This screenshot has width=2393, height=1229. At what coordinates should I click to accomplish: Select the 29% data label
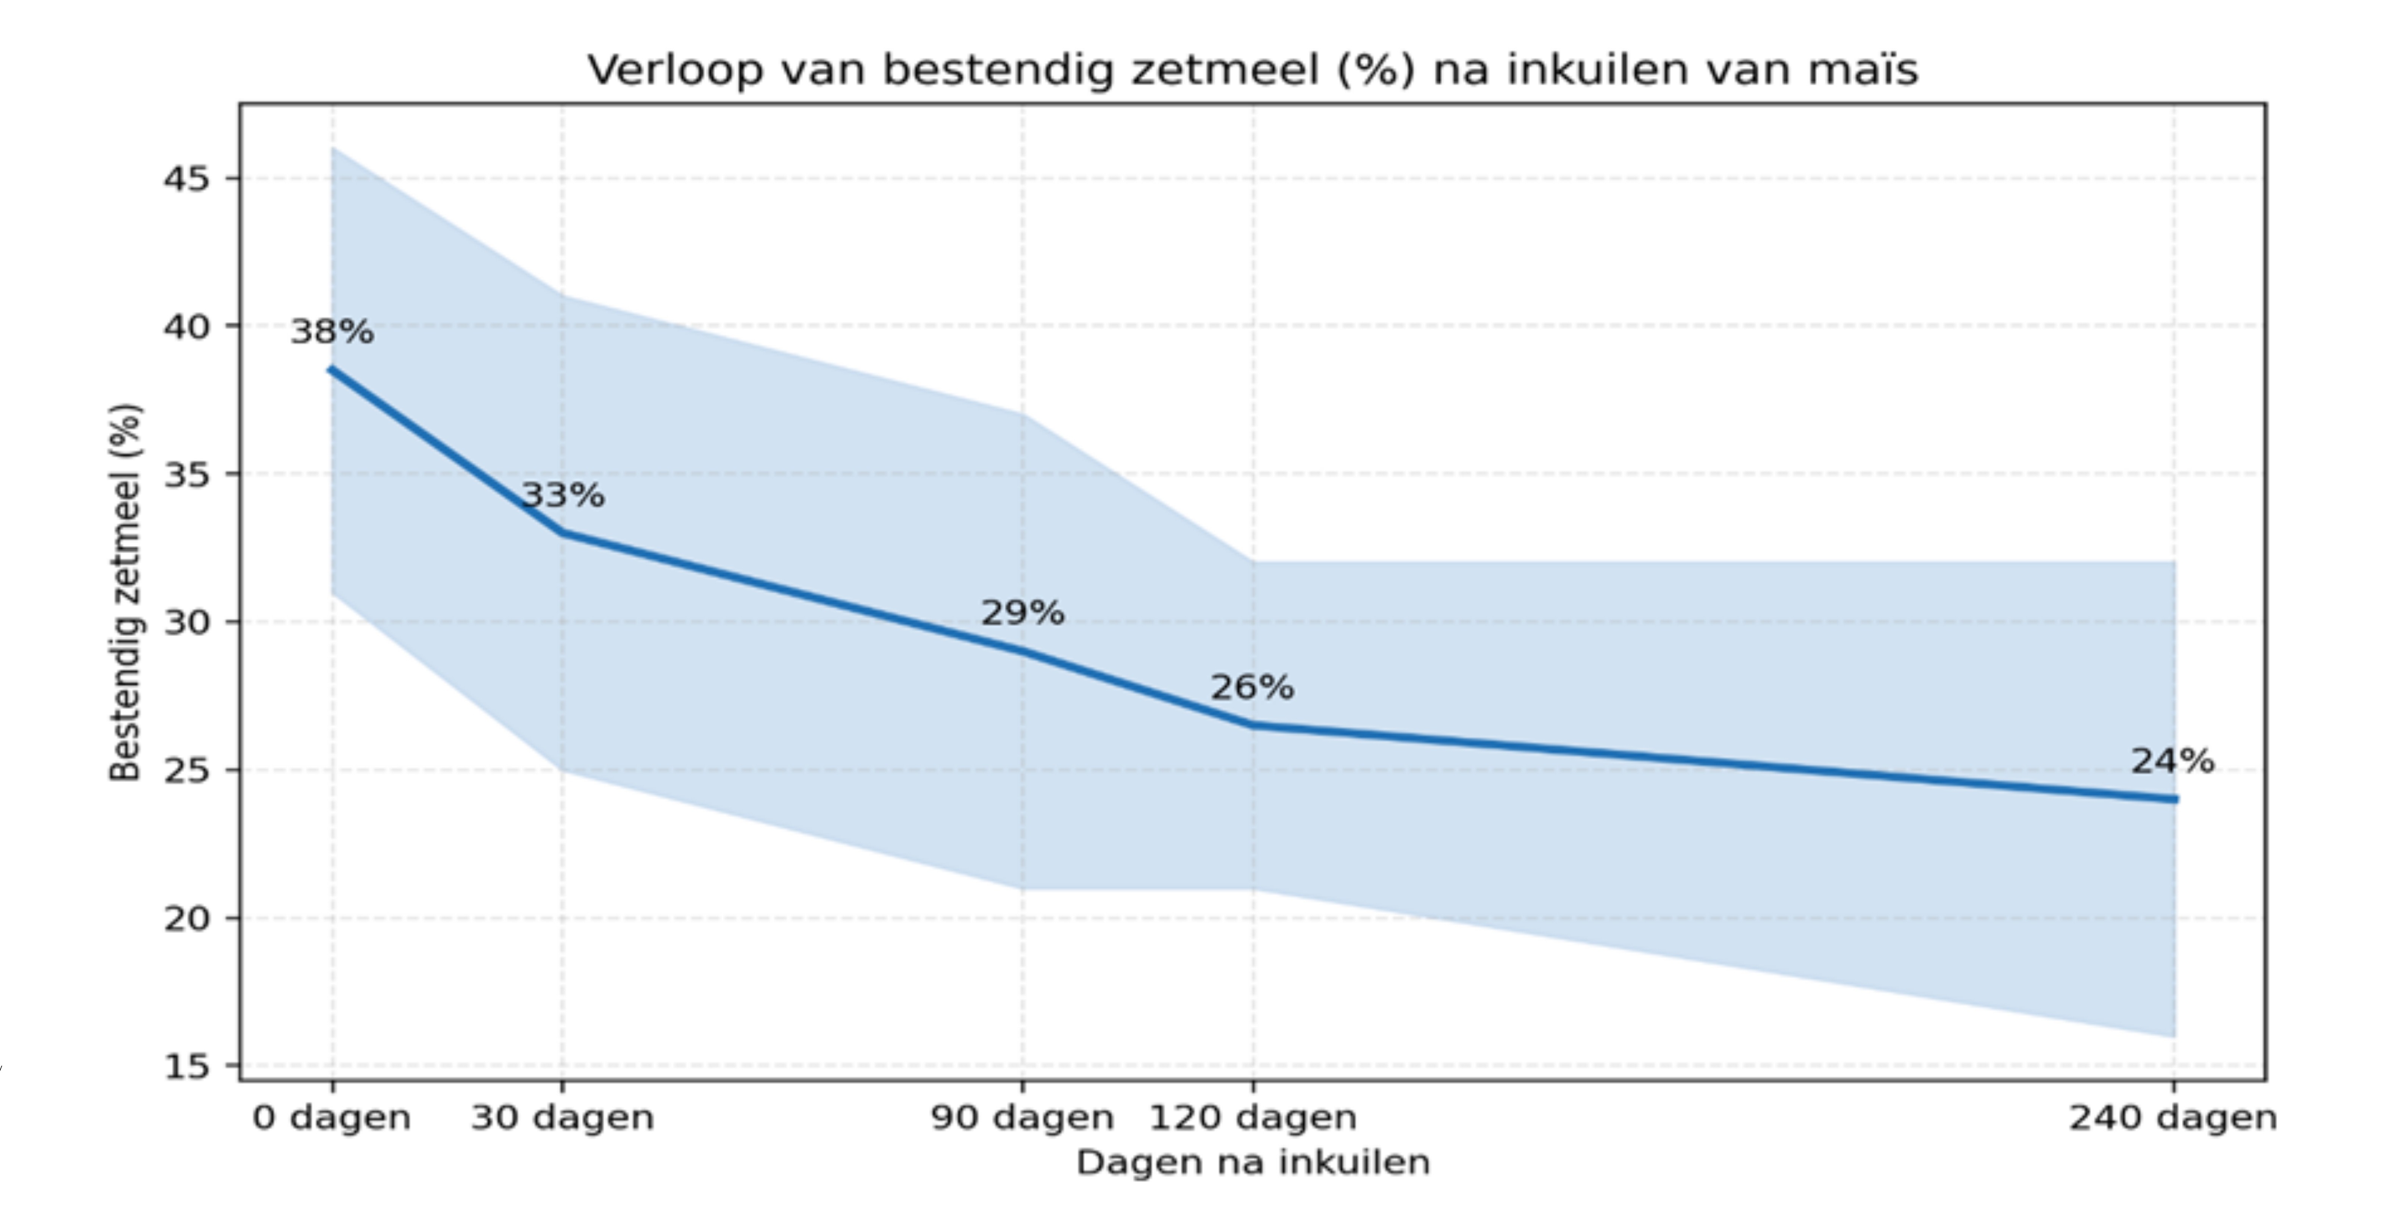coord(1023,613)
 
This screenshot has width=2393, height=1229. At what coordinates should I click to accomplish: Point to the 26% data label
coord(1251,687)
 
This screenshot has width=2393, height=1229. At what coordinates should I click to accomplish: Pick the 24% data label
coord(2172,762)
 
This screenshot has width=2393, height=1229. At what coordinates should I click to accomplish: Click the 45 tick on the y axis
coord(187,178)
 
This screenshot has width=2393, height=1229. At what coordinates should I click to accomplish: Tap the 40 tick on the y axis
coord(187,326)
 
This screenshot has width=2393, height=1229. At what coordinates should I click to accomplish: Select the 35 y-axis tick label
coord(187,474)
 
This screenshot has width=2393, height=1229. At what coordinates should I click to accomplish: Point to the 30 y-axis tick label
coord(187,621)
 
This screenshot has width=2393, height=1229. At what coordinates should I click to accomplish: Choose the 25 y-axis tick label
coord(187,770)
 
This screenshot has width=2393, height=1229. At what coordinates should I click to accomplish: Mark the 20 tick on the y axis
coord(187,918)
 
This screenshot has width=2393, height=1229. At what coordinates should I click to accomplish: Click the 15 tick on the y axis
coord(187,1065)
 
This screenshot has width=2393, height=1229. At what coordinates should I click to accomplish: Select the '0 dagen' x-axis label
coord(332,1118)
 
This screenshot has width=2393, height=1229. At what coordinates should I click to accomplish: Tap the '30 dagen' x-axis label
coord(562,1118)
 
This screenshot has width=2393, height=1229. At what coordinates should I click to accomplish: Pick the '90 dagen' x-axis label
coord(1022,1118)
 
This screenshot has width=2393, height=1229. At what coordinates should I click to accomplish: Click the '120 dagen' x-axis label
coord(1252,1118)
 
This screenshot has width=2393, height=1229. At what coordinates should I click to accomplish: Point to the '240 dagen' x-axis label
coord(2172,1118)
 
